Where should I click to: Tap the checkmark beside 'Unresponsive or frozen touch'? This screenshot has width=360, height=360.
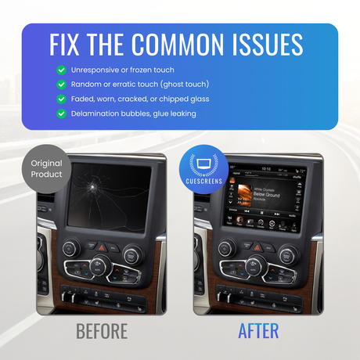coord(61,70)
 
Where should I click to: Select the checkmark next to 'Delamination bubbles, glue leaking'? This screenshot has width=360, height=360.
coord(61,113)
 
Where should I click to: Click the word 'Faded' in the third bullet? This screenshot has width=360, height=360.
coord(84,99)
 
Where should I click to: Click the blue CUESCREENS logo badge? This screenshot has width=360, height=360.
coord(203,167)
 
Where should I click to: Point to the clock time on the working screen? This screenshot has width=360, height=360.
coord(266,168)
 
